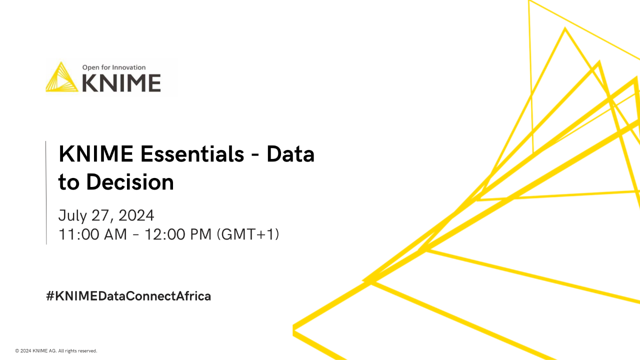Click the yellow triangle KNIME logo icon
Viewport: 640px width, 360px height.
click(62, 77)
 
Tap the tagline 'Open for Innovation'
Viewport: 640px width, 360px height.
click(114, 67)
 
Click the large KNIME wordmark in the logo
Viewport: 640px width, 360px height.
click(121, 83)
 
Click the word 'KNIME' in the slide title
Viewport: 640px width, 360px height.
click(95, 154)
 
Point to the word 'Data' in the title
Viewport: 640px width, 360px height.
click(290, 154)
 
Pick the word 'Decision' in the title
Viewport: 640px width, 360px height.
click(130, 182)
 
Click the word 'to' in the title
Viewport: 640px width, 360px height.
click(69, 183)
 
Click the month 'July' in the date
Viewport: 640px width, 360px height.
click(73, 215)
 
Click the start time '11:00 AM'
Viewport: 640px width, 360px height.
click(93, 234)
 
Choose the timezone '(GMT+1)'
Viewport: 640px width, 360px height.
click(247, 234)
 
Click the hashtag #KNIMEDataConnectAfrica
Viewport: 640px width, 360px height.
click(128, 296)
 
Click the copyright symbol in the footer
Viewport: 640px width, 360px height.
click(17, 351)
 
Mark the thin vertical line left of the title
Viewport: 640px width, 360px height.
click(46, 192)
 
